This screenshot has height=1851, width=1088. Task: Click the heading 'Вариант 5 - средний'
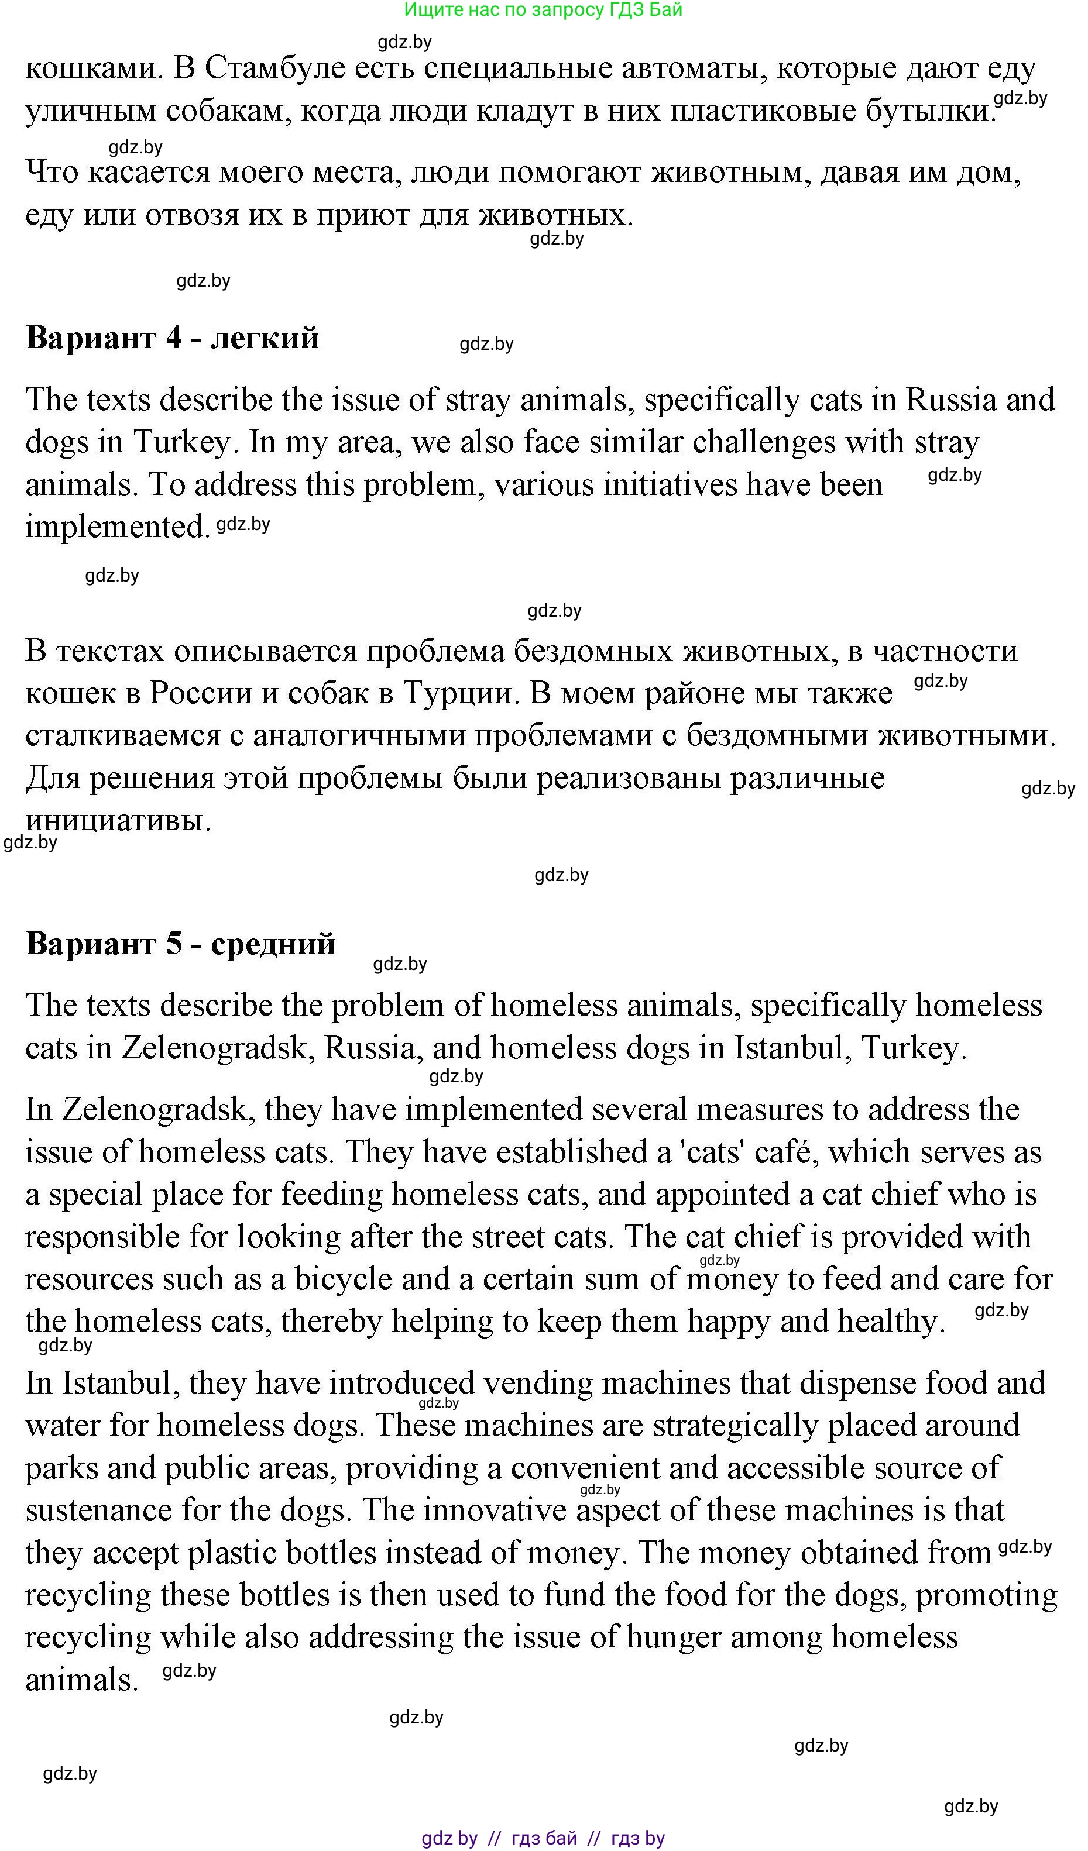pyautogui.click(x=181, y=943)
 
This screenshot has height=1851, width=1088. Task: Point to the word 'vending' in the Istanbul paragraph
pyautogui.click(x=538, y=1383)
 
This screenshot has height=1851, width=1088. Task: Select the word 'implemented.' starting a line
pyautogui.click(x=118, y=527)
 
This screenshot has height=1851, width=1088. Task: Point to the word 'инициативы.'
pyautogui.click(x=118, y=820)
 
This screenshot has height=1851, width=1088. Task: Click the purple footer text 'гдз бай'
pyautogui.click(x=544, y=1838)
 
